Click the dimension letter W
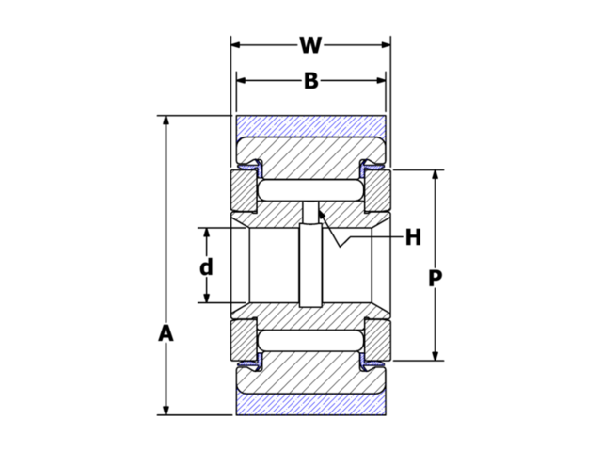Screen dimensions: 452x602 tap(310, 44)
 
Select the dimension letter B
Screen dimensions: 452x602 tap(310, 81)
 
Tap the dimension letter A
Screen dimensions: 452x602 tap(166, 333)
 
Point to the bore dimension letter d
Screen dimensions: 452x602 tap(206, 266)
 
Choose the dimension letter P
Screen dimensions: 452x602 tap(435, 279)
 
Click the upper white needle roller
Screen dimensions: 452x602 tap(310, 191)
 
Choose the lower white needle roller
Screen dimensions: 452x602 tap(310, 339)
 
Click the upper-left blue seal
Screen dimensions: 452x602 tap(250, 169)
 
